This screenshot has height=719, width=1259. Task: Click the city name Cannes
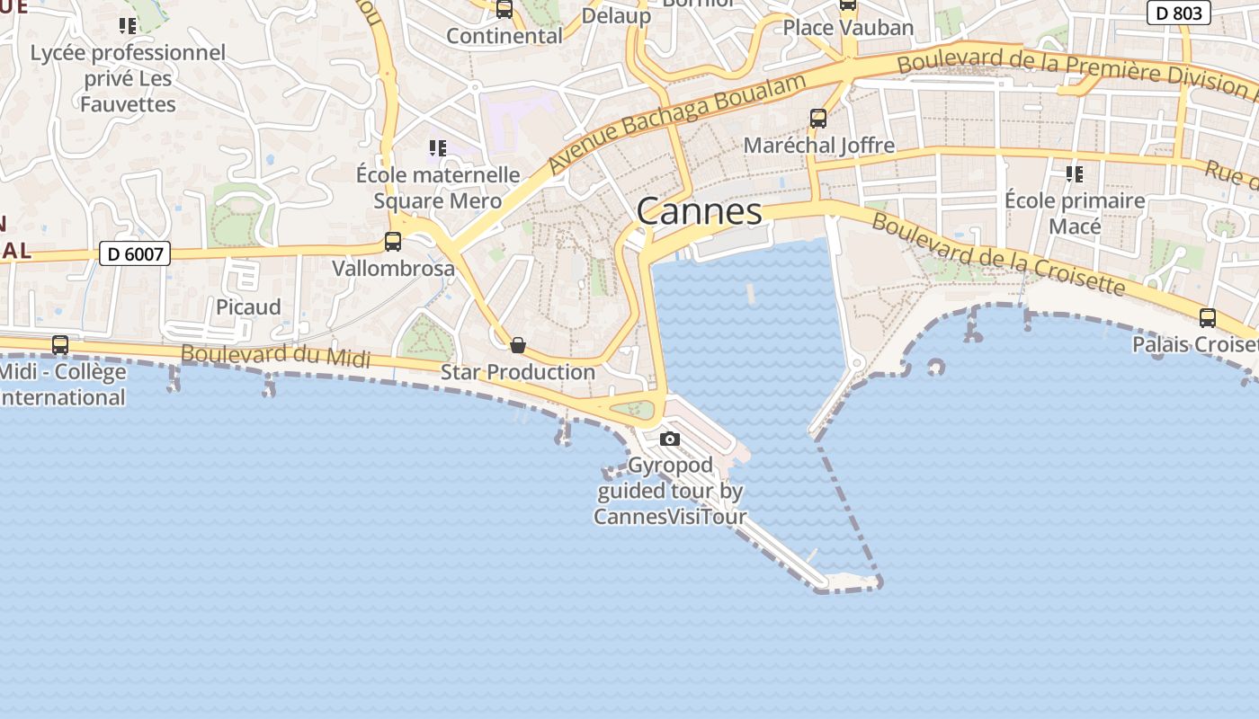[699, 212]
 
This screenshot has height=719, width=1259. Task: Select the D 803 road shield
[1179, 13]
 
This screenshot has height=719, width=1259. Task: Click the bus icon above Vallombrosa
[393, 241]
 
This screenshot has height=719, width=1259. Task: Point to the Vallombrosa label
[393, 269]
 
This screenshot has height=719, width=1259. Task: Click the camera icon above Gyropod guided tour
[669, 439]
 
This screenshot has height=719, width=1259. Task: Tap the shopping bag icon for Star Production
[517, 345]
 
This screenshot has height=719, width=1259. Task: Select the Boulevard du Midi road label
[275, 356]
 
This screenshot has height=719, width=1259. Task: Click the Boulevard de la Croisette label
[997, 254]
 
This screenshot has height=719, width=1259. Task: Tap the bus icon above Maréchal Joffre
[817, 118]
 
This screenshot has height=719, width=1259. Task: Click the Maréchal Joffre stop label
[818, 146]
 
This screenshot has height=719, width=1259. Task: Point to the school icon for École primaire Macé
[1074, 173]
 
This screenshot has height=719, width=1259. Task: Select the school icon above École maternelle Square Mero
[437, 147]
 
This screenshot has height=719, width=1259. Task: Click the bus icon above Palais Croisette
[1207, 317]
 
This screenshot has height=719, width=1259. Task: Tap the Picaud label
[248, 307]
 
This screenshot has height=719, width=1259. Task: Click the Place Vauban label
[847, 28]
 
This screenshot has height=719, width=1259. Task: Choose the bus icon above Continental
[504, 9]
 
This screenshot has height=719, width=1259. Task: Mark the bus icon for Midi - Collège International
[60, 344]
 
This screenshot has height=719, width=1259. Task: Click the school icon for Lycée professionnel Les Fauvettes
[128, 25]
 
